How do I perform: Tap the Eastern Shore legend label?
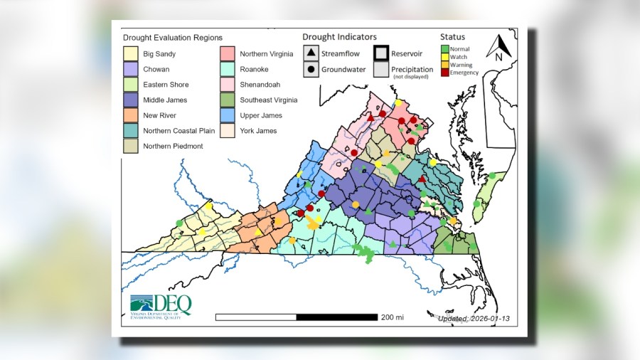[166, 85]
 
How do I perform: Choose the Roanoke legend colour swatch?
[227, 70]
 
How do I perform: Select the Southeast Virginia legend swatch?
[227, 100]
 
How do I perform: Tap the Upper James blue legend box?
[227, 115]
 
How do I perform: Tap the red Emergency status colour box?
[444, 73]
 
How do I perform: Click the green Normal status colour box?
[444, 49]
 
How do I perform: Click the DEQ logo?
[161, 306]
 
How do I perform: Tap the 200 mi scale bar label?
[392, 317]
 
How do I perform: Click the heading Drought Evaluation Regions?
[172, 38]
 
